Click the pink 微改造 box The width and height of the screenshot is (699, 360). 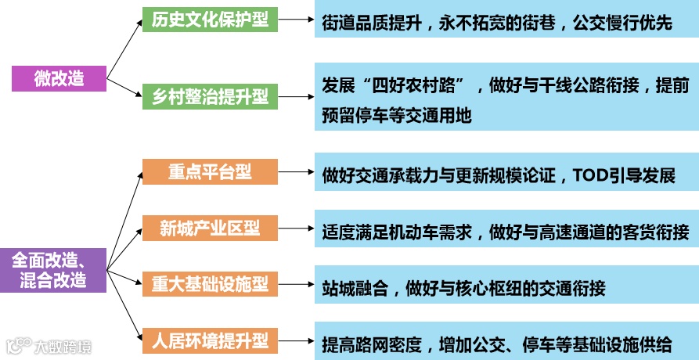click(59, 79)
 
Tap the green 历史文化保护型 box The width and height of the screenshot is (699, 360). click(210, 20)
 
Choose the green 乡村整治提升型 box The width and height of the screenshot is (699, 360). click(210, 97)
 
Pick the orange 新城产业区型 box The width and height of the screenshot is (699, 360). click(210, 229)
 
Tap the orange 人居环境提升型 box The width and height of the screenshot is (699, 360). click(210, 341)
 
